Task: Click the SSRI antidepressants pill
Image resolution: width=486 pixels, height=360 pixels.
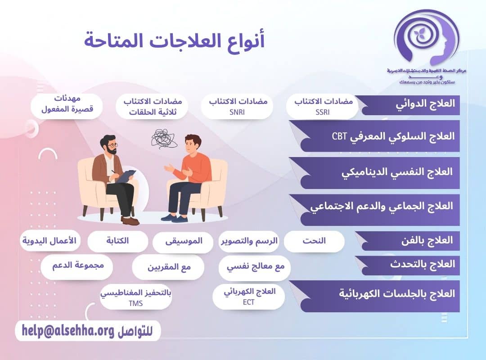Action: (323, 107)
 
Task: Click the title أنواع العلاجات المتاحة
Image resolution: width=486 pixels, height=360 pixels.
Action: (174, 41)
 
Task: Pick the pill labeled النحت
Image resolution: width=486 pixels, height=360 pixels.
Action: (314, 241)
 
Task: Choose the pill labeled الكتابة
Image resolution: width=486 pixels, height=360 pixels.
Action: (117, 241)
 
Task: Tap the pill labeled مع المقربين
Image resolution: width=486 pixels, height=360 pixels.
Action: (168, 267)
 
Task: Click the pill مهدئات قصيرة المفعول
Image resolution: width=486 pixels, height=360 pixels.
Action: (67, 105)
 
